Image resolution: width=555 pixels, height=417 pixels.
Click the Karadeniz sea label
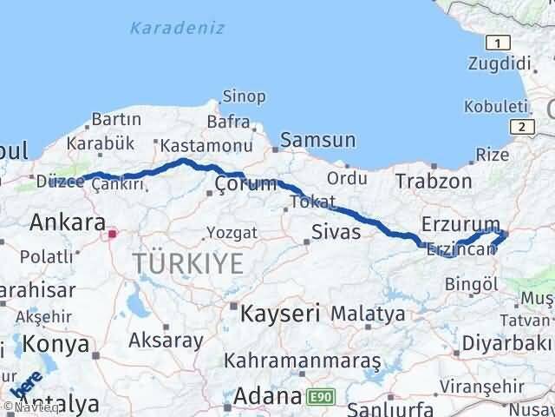177,28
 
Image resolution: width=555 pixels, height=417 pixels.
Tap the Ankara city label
68,222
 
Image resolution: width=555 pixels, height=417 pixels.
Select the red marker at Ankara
112,234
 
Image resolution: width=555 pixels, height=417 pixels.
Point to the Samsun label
318,140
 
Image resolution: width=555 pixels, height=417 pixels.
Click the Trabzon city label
434,181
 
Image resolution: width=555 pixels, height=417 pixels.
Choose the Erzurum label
460,224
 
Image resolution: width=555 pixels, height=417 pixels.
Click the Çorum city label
246,183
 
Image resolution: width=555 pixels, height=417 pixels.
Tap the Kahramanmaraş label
303,359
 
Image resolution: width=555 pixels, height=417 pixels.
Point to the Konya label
56,344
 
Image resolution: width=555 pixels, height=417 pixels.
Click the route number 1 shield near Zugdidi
498,43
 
